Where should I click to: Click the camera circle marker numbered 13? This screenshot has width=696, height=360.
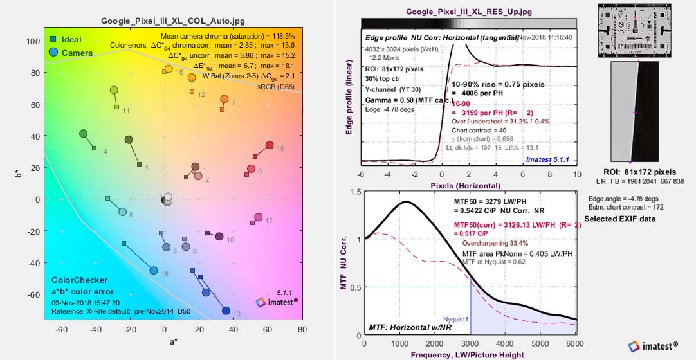(226, 310)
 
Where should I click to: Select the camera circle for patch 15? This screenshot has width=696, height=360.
(270, 145)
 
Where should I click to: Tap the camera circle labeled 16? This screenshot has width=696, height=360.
(169, 69)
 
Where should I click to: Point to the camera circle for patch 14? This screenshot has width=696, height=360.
(83, 134)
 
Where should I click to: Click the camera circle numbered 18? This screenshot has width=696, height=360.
(154, 271)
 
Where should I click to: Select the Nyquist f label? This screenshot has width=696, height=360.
(456, 319)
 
